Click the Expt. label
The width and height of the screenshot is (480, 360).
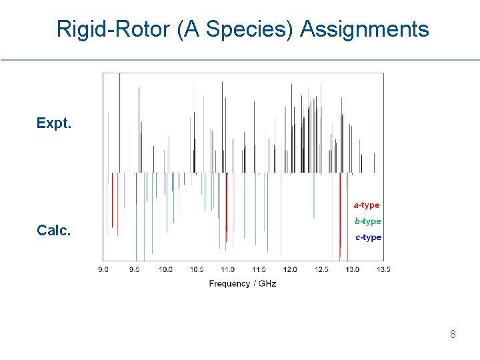click(54, 123)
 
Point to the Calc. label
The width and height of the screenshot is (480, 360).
click(53, 230)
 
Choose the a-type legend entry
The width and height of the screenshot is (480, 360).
click(366, 205)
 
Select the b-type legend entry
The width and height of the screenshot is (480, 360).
click(367, 221)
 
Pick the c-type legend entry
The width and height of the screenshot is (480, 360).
click(368, 237)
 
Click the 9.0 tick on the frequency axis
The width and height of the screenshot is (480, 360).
click(104, 269)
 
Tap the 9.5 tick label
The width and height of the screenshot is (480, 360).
click(135, 269)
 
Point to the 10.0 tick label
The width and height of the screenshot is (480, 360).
click(165, 269)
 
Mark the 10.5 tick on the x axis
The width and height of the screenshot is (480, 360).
click(197, 269)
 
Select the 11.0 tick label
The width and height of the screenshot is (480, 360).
click(227, 269)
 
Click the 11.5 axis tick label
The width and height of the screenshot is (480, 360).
click(259, 269)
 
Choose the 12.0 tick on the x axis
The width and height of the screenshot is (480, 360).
click(289, 269)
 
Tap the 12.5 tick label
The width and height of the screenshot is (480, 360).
click(321, 269)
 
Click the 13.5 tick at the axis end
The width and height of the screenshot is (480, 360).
click(383, 269)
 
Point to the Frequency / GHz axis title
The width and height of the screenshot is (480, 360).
click(242, 283)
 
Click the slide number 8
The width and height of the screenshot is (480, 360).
click(453, 334)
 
